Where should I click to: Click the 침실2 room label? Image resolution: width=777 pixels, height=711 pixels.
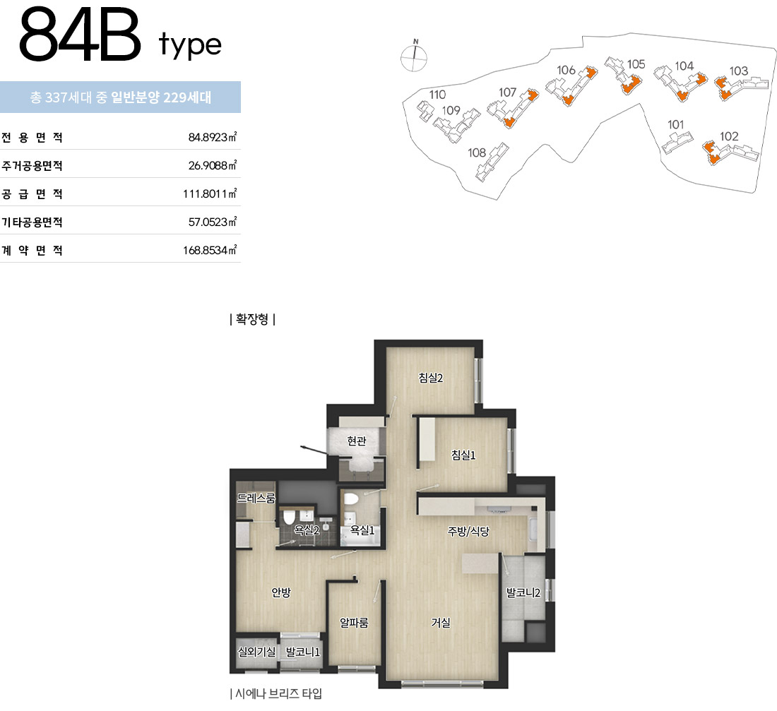[431, 378]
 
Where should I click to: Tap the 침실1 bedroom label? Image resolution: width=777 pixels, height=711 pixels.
[463, 455]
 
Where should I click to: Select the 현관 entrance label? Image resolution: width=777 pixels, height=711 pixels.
[356, 441]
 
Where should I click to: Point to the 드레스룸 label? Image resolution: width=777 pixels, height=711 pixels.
[256, 498]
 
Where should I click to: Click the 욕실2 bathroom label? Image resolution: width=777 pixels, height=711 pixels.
[307, 530]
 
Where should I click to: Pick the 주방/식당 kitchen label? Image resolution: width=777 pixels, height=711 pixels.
[468, 532]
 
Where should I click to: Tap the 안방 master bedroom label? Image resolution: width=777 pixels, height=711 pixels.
[281, 592]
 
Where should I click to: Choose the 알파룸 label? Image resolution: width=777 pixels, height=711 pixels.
[354, 622]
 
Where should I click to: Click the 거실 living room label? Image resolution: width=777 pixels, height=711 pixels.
[441, 622]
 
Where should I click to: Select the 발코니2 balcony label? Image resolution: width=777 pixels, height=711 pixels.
[523, 592]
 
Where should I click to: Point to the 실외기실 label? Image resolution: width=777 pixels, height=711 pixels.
[256, 652]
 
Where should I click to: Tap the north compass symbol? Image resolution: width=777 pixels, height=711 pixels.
[414, 56]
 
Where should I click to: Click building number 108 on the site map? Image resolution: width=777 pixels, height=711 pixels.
[477, 153]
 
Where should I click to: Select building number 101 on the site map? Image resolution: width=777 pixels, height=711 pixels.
[675, 124]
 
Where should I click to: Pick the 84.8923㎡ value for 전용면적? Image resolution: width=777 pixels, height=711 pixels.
[213, 137]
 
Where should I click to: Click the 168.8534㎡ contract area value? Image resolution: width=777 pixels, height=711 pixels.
[210, 250]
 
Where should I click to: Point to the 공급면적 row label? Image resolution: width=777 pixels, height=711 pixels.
[32, 193]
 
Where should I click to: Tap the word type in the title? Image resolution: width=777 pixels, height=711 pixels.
[190, 44]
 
